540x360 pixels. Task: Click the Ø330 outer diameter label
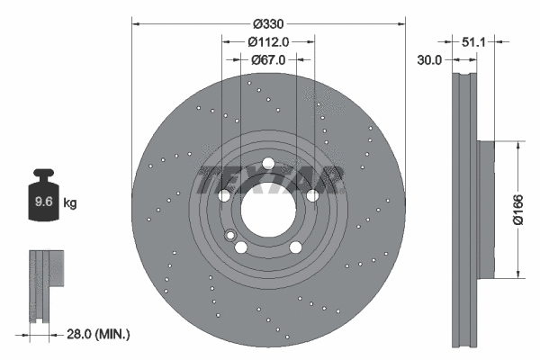(x=268, y=22)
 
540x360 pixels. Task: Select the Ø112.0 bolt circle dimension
(x=268, y=41)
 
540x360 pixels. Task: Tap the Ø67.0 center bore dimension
(x=268, y=59)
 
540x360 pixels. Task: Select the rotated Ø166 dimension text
(x=519, y=209)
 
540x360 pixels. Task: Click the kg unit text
(x=70, y=203)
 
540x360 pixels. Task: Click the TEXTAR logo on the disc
(x=268, y=179)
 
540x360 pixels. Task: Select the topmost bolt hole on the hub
(x=267, y=163)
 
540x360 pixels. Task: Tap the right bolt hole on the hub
(x=311, y=195)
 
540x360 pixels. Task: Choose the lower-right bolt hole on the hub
(x=294, y=248)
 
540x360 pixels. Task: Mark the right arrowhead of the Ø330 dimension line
(x=400, y=22)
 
